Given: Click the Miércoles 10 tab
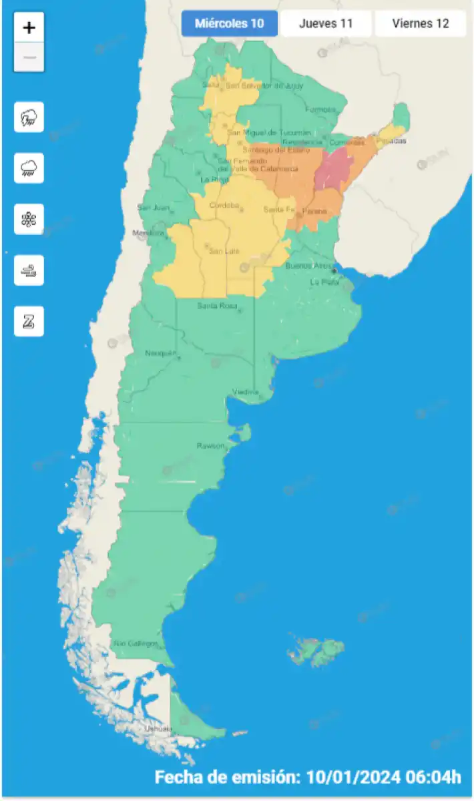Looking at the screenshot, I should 229,24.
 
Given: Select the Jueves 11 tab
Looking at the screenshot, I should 326,24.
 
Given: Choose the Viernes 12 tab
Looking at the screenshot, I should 420,24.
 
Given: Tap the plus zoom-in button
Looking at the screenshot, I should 29,28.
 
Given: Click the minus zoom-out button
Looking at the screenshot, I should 29,57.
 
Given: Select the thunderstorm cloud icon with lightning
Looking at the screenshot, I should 29,117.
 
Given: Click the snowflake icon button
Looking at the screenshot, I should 29,219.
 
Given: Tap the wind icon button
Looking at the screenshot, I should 29,270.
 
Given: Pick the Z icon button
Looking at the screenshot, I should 29,322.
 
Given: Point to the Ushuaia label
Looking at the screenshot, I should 158,728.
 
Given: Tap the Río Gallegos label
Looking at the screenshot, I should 136,643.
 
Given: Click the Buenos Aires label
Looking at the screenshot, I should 306,266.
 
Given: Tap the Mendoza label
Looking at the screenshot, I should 148,233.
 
